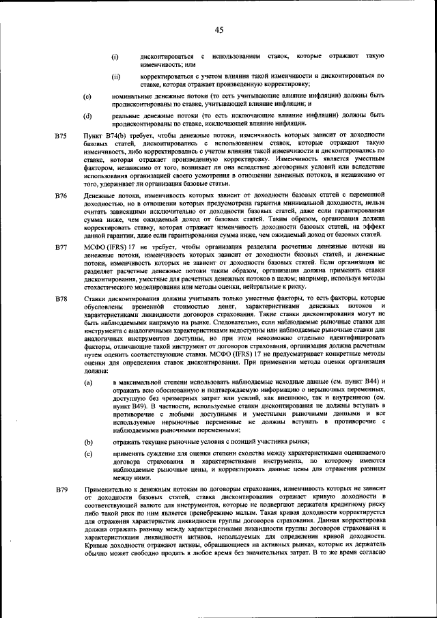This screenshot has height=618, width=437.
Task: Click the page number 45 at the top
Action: (218, 29)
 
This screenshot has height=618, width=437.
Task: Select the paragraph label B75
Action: (61, 137)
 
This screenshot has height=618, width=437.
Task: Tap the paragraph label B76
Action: (61, 196)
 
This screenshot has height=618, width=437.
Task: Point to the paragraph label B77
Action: (61, 244)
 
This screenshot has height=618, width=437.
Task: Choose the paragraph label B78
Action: (61, 299)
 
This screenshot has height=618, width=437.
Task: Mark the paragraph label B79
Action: (61, 490)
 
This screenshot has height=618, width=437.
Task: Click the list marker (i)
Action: (115, 55)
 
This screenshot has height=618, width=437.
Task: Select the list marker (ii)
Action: (116, 77)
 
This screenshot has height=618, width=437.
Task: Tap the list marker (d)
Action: (87, 117)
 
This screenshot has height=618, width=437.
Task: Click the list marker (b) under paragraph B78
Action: (87, 443)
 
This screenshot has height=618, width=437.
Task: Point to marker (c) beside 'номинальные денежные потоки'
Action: (87, 97)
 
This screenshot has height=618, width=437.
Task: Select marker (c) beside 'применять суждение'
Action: (87, 453)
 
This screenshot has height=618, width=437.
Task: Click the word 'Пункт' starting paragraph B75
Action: (90, 137)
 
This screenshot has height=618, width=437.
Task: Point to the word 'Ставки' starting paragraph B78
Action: (93, 299)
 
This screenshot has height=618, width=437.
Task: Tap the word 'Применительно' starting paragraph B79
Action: (103, 490)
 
